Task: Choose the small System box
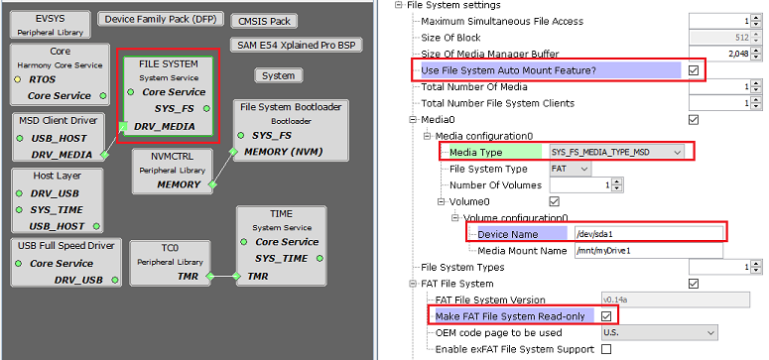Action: click(279, 75)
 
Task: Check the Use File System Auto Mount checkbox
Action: click(694, 69)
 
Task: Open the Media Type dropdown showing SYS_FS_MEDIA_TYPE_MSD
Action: click(616, 152)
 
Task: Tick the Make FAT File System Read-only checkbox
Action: click(607, 315)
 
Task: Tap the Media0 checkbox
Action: click(694, 119)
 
